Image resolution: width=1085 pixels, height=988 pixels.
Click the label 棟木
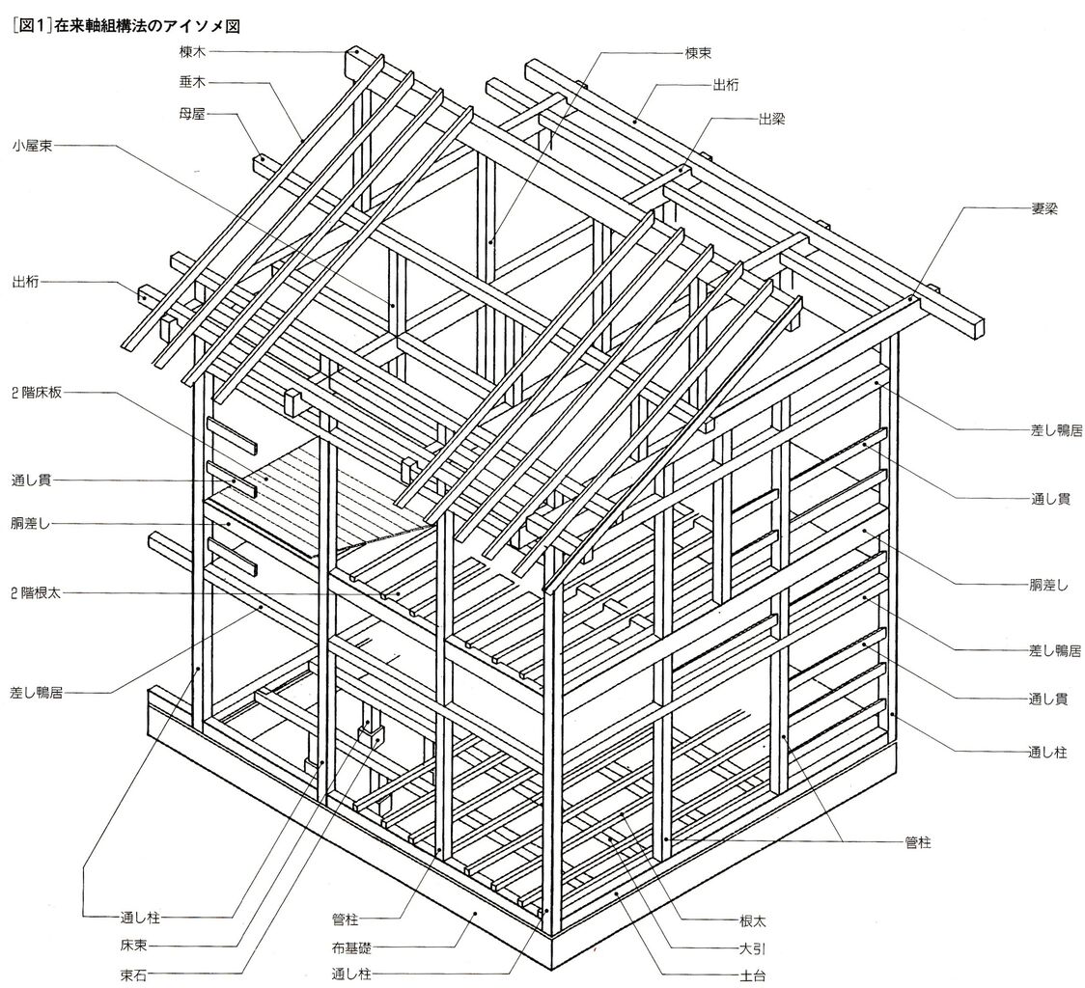pyautogui.click(x=193, y=52)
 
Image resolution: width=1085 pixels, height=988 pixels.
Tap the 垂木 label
pyautogui.click(x=193, y=82)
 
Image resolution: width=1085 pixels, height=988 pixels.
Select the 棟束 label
pyautogui.click(x=700, y=54)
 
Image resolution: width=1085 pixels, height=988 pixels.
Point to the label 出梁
pyautogui.click(x=771, y=119)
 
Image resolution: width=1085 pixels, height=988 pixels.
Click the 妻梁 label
pyautogui.click(x=1043, y=208)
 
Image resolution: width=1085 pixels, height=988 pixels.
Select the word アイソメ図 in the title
pyautogui.click(x=200, y=27)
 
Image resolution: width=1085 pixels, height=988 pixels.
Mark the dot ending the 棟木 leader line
pyautogui.click(x=356, y=52)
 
